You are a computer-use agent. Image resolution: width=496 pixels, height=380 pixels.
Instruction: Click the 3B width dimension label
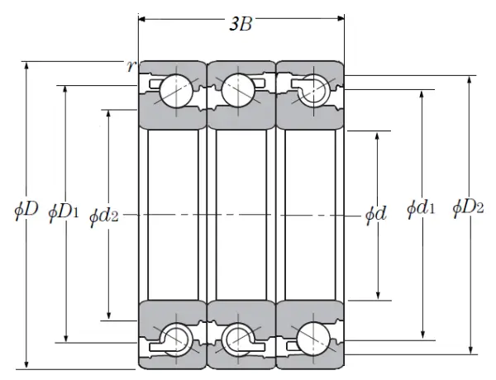pyautogui.click(x=240, y=25)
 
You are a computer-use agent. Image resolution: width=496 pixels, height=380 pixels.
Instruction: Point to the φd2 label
pyautogui.click(x=104, y=216)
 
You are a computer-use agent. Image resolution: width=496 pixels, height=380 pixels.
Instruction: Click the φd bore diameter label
pyautogui.click(x=376, y=215)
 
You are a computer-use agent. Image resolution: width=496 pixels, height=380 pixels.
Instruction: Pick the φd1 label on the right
pyautogui.click(x=421, y=210)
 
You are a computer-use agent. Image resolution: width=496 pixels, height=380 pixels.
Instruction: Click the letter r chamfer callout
pyautogui.click(x=131, y=66)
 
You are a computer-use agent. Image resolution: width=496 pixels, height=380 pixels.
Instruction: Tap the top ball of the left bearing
pyautogui.click(x=175, y=88)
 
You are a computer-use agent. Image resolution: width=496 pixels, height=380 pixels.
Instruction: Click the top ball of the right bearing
pyautogui.click(x=312, y=91)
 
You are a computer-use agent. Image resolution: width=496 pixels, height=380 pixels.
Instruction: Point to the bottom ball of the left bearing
pyautogui.click(x=175, y=336)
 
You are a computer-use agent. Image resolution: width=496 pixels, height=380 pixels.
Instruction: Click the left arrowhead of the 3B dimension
pyautogui.click(x=141, y=16)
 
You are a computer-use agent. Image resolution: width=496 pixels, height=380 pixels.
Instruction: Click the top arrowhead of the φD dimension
pyautogui.click(x=27, y=64)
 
